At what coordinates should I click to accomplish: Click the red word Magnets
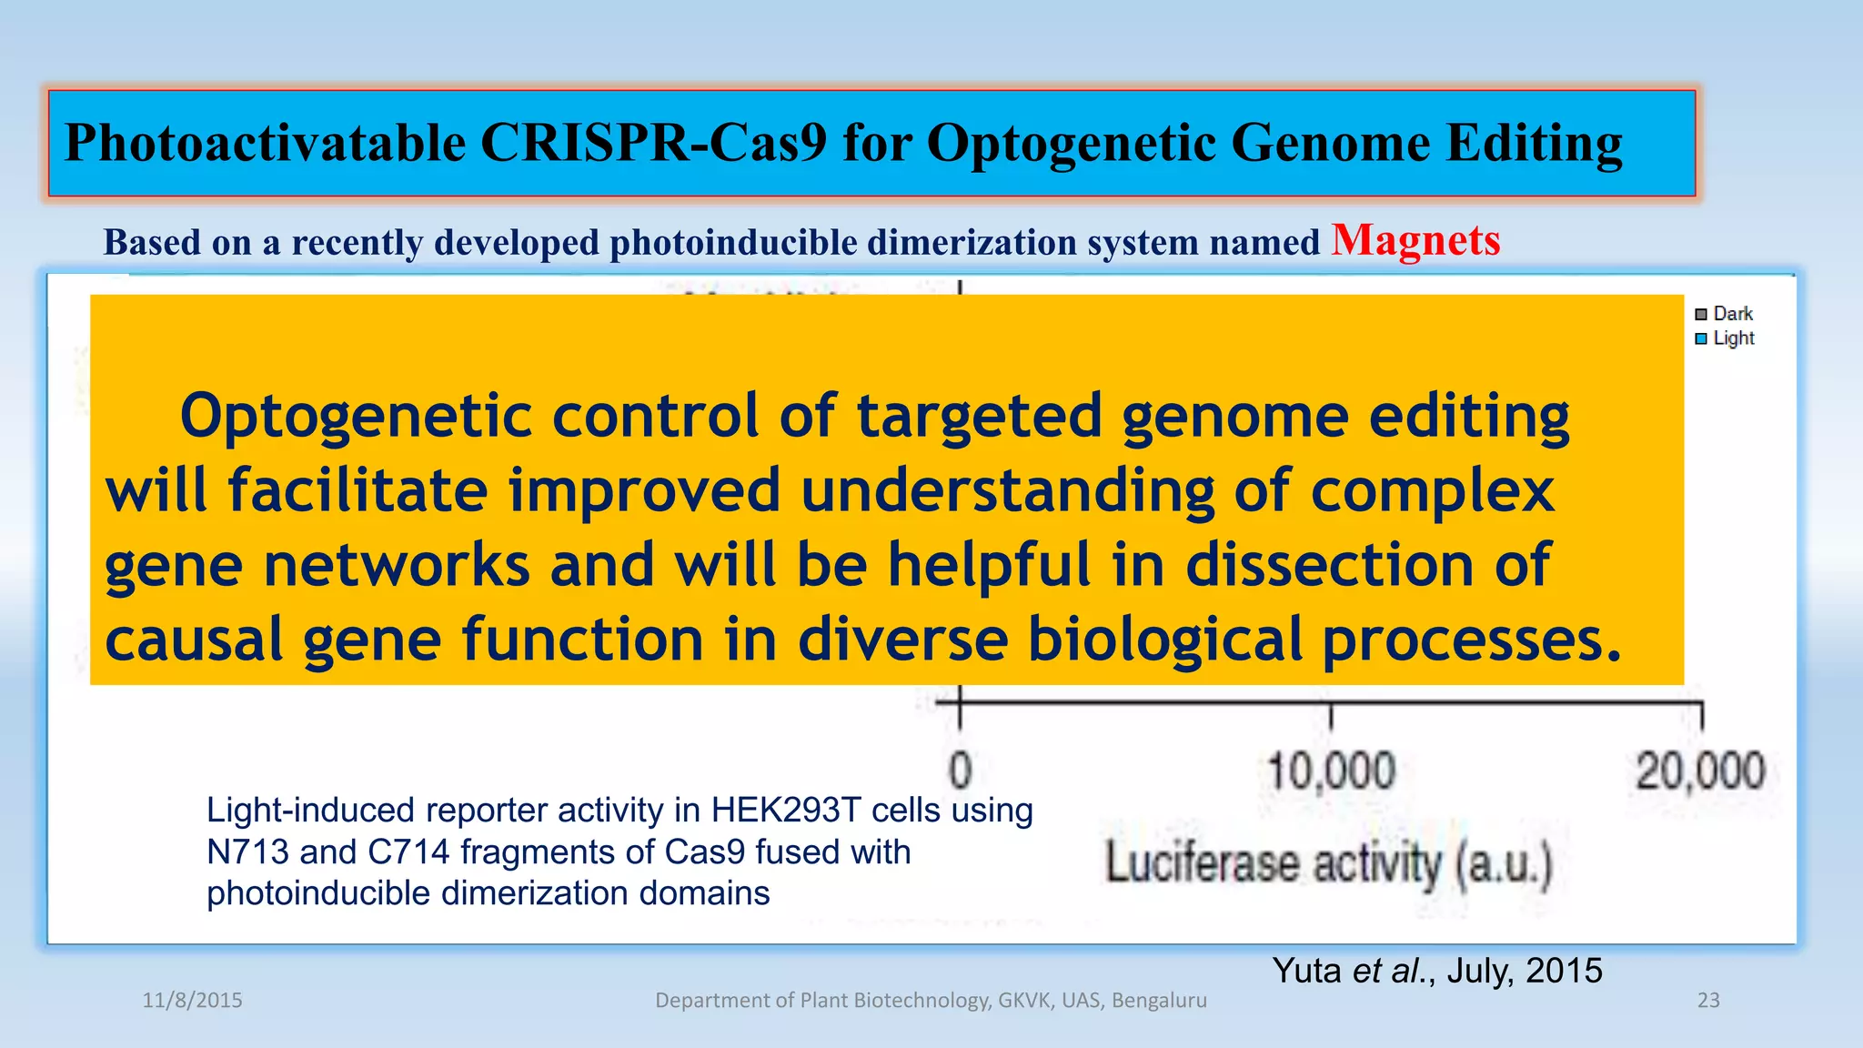click(x=1415, y=241)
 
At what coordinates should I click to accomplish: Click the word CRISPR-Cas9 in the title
click(x=653, y=144)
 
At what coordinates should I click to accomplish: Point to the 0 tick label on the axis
click(x=961, y=771)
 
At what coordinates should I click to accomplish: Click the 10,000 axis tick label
click(x=1331, y=771)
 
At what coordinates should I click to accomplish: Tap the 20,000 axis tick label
click(x=1699, y=771)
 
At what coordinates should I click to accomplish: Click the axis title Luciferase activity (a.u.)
click(x=1328, y=863)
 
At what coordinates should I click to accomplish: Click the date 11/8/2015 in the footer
click(x=192, y=1001)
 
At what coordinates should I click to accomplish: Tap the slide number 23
click(x=1708, y=1001)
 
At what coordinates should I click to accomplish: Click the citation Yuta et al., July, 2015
click(x=1436, y=971)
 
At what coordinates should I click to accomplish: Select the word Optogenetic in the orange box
click(x=356, y=417)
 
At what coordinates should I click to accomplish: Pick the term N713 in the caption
click(x=247, y=852)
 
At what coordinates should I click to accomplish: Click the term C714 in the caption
click(x=408, y=852)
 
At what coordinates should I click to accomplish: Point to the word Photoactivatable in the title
click(x=265, y=144)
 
